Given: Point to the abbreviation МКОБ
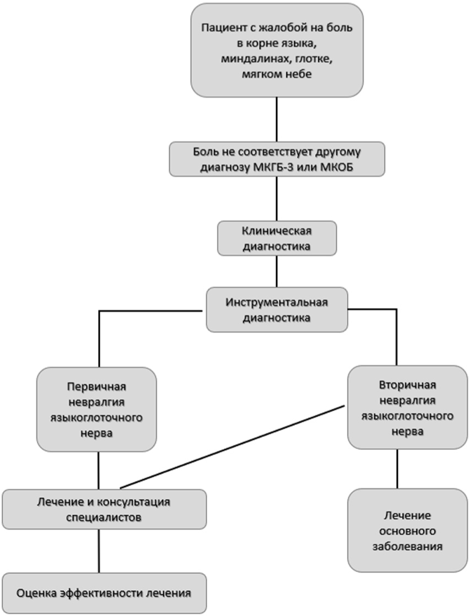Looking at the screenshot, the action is point(337,167).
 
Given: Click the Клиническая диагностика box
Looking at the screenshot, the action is point(277,238).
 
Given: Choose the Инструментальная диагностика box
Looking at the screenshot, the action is point(277,309).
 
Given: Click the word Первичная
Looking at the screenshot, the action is point(96,386).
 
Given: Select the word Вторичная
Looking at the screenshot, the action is point(408,385).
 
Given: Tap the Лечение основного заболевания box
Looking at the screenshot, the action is point(408,530).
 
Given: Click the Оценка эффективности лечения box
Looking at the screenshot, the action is point(104,593).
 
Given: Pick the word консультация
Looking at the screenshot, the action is point(134,502).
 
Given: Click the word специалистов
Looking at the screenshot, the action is point(104,517).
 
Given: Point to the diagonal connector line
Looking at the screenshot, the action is point(233,447).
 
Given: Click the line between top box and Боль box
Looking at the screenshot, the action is point(277,119).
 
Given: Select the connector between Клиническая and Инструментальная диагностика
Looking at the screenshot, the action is point(277,271).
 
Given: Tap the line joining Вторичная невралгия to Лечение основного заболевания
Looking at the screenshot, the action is point(397,468).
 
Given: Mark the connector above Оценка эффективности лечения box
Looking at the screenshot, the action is point(99,551).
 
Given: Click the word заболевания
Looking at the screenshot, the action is point(408,547).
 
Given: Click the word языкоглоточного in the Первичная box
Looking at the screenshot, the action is point(96,418).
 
